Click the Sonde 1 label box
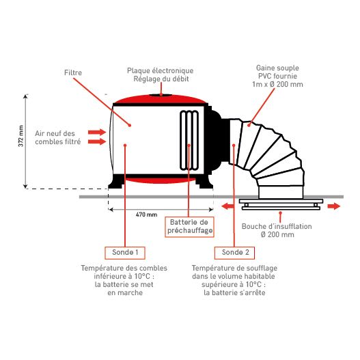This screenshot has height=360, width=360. click(x=125, y=253)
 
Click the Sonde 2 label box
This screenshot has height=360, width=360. click(x=234, y=253)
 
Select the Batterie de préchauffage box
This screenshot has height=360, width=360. click(x=189, y=227)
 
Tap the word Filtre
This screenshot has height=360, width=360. click(x=73, y=73)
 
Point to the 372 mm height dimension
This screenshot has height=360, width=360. click(x=21, y=136)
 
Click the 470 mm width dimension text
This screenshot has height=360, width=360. click(x=146, y=214)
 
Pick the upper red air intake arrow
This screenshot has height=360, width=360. click(x=97, y=132)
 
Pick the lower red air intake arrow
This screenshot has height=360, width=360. click(x=97, y=141)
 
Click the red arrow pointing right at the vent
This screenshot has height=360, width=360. click(x=333, y=206)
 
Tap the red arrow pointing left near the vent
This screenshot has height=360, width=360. click(x=227, y=206)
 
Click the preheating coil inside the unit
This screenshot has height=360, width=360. click(x=189, y=141)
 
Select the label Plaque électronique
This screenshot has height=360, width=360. click(x=161, y=71)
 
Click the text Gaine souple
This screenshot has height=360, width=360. click(x=277, y=68)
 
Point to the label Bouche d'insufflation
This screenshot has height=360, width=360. click(x=277, y=227)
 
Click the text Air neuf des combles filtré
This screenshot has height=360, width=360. click(x=58, y=137)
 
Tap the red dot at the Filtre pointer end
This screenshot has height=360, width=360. click(x=130, y=126)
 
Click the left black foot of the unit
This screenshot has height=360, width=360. click(x=117, y=182)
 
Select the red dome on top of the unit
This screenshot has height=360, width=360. click(x=161, y=99)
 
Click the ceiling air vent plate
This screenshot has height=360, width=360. click(x=281, y=204)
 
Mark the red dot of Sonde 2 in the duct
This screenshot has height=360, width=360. click(x=234, y=145)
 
